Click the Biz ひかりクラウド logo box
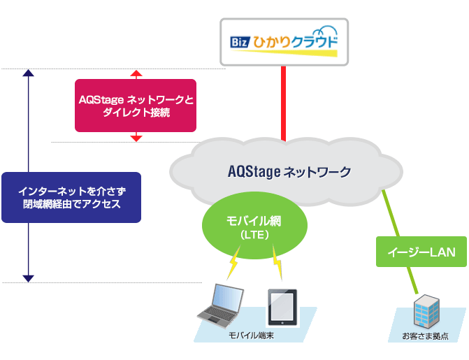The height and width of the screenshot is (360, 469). (x=284, y=41)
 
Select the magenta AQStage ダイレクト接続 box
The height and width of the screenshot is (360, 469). (x=136, y=105)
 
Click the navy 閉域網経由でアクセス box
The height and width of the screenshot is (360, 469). (x=71, y=197)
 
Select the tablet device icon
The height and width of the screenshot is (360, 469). (x=282, y=308)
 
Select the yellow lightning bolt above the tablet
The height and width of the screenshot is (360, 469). (x=278, y=266)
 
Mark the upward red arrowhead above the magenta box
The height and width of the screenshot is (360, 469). (x=136, y=73)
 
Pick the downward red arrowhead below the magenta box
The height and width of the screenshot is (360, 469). (x=136, y=138)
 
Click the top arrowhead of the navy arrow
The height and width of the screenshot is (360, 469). (x=28, y=73)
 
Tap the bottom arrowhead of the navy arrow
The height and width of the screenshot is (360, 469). (x=28, y=278)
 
